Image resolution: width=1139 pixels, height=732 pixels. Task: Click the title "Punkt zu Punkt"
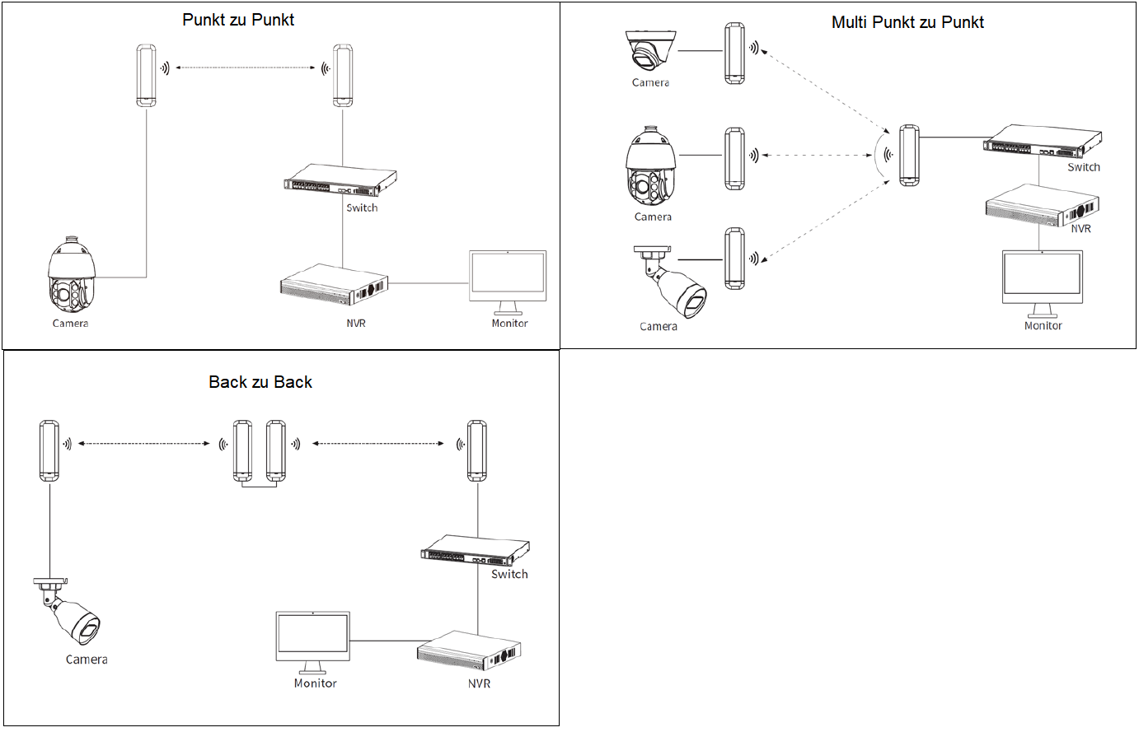tap(238, 20)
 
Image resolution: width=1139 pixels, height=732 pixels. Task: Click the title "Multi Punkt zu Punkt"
tap(907, 22)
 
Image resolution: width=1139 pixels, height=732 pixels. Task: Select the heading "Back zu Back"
tap(260, 382)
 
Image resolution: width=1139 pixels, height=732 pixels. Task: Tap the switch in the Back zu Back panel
tap(474, 551)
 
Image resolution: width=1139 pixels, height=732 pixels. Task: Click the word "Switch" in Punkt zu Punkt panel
tap(362, 207)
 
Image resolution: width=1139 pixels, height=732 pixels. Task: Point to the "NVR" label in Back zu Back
tap(479, 683)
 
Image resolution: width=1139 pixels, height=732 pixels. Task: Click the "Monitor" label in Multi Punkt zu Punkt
tap(1043, 326)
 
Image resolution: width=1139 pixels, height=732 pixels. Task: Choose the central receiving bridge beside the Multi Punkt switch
tap(909, 156)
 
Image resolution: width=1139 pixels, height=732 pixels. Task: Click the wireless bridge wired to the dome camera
tap(734, 54)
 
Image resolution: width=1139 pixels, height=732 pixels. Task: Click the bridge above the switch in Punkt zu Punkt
tap(343, 76)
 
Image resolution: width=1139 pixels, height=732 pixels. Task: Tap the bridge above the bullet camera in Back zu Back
tap(49, 450)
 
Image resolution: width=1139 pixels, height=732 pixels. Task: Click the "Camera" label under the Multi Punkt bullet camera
tap(659, 327)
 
